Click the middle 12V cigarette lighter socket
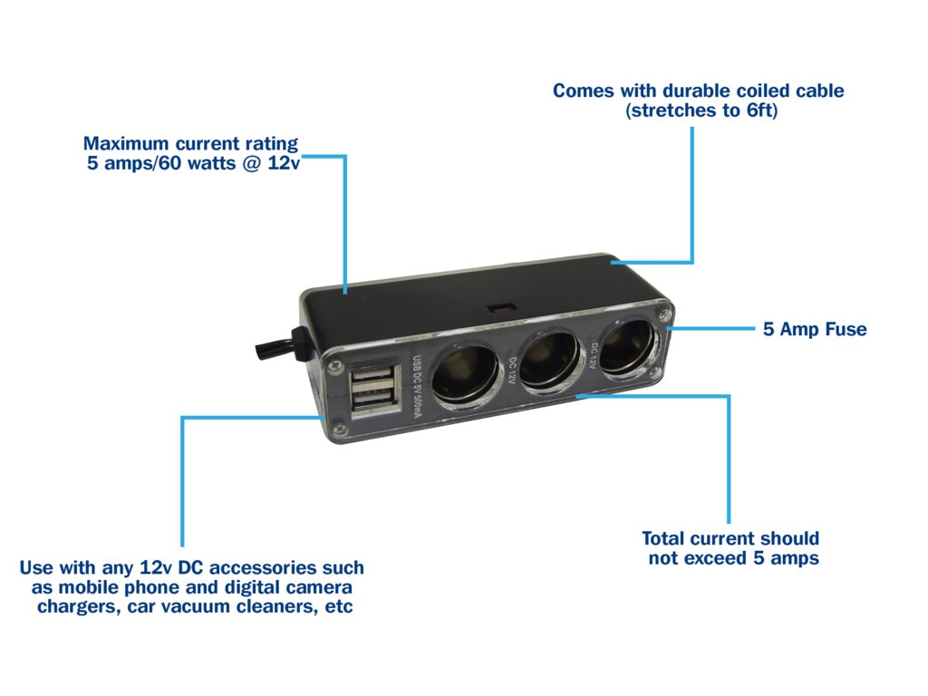click(546, 361)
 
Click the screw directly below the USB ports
click(338, 429)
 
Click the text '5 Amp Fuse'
click(815, 329)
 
